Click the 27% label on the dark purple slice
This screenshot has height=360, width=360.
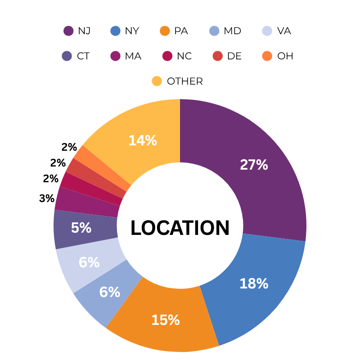tap(254, 165)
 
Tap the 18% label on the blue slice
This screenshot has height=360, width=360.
tap(254, 283)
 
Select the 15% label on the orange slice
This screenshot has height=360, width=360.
tap(166, 320)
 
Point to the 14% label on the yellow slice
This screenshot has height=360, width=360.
tap(143, 140)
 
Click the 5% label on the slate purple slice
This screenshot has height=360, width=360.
tap(81, 228)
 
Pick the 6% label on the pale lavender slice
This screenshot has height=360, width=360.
tap(89, 262)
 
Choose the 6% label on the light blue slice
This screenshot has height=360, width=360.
tap(110, 292)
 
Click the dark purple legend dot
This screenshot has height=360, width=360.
tap(68, 31)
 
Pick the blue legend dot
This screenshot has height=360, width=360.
tap(116, 31)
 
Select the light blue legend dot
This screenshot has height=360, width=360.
tap(214, 31)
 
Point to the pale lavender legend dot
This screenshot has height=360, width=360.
tap(267, 31)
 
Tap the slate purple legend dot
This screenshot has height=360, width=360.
tap(67, 56)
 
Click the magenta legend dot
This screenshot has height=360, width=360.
tap(115, 56)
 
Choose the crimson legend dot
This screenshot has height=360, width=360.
tap(167, 56)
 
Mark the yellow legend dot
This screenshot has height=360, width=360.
tap(157, 81)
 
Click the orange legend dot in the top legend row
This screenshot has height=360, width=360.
tap(165, 31)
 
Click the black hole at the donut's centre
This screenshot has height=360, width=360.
tap(180, 225)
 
